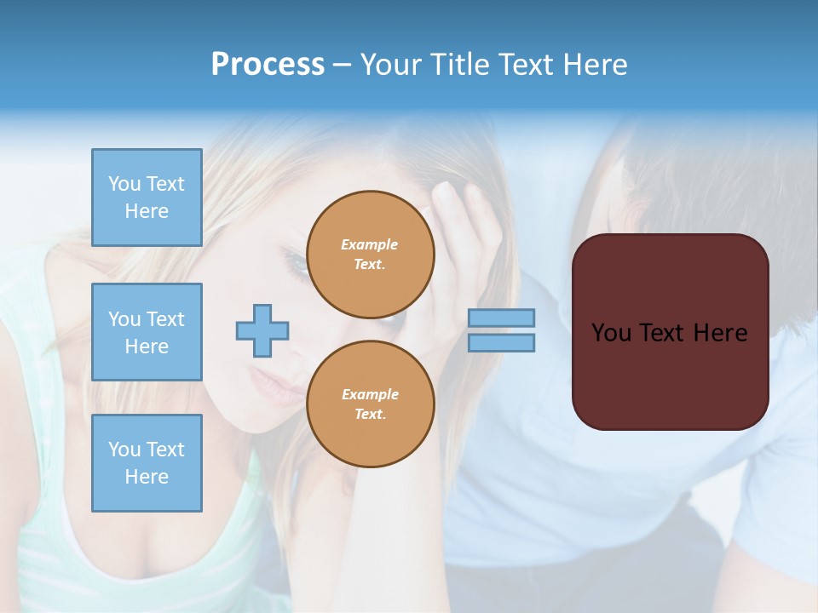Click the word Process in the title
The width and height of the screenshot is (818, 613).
click(268, 65)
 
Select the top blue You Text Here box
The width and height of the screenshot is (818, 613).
click(147, 198)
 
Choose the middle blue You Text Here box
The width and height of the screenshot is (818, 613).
click(147, 332)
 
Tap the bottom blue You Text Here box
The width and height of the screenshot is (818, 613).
click(147, 462)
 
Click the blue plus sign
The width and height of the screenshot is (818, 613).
click(262, 330)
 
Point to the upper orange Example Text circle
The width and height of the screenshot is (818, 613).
click(371, 254)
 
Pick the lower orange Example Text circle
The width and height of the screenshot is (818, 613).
click(371, 404)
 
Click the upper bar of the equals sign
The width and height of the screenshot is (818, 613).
click(501, 318)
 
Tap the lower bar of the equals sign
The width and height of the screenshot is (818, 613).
click(501, 342)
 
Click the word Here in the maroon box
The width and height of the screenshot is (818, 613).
click(720, 333)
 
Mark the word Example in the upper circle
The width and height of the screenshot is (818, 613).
click(370, 244)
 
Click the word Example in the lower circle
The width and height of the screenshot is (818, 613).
click(370, 394)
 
